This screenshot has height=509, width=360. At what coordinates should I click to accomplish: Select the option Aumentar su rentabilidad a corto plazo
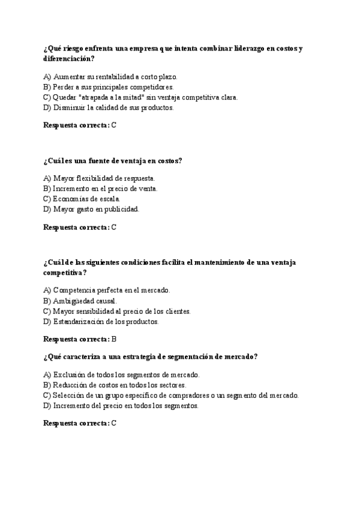coord(111,77)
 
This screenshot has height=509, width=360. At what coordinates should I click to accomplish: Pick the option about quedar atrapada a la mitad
coord(141,97)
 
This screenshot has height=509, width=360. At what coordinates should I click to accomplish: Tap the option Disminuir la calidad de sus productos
coord(109,107)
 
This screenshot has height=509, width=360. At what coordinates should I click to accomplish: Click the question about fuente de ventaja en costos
coord(113,160)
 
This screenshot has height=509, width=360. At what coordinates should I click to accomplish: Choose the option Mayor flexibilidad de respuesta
coord(100,178)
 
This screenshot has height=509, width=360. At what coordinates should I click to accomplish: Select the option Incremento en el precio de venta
coord(101,188)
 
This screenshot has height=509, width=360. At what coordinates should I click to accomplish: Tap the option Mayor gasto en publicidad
coord(91,209)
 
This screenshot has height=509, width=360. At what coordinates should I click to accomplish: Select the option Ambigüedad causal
coord(80,301)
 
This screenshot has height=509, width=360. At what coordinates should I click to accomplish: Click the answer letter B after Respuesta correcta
coord(114,339)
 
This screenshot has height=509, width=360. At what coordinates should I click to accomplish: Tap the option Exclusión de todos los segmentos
coord(122,375)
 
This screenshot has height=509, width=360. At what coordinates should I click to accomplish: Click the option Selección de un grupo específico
coord(171,395)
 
